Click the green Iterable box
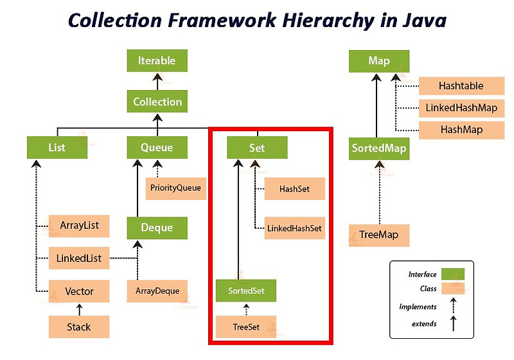point(157,61)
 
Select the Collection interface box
point(157,102)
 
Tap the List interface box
point(57,148)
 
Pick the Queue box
point(157,148)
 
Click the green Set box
point(257,148)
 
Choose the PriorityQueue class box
point(176,188)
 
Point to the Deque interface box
point(157,228)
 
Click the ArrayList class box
point(80,226)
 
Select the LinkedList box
point(79,258)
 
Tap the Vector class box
point(79,291)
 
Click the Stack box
point(79,327)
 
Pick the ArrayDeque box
point(157,291)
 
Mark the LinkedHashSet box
point(295,228)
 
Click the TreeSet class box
point(246,327)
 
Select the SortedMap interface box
point(378,148)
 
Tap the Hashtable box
point(461,85)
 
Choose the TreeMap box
point(378,235)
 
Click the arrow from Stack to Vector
point(79,309)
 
